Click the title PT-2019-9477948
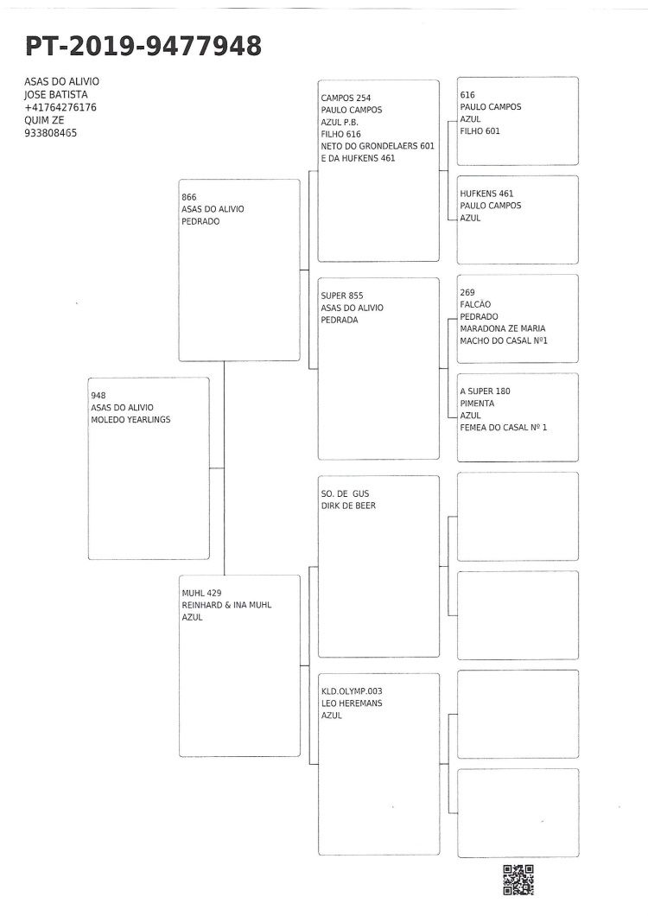pos(143,46)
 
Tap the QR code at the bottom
pos(518,880)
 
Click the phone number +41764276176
pos(60,107)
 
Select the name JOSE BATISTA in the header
pos(56,95)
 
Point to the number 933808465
pos(50,133)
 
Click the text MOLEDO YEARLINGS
pos(130,419)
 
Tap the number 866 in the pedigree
pos(188,197)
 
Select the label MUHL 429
pos(201,593)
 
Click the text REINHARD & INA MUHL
pos(226,605)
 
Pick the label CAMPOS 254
pos(346,99)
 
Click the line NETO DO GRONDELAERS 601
pos(378,146)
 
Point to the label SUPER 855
pos(342,296)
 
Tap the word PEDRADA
pos(340,320)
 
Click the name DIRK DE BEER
pos(348,506)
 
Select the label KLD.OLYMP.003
pos(352,691)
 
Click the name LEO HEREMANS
pos(352,703)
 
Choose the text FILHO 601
pos(480,131)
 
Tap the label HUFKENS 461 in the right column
pos(486,194)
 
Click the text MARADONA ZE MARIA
pos(503,328)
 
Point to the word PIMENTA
pos(477,403)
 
